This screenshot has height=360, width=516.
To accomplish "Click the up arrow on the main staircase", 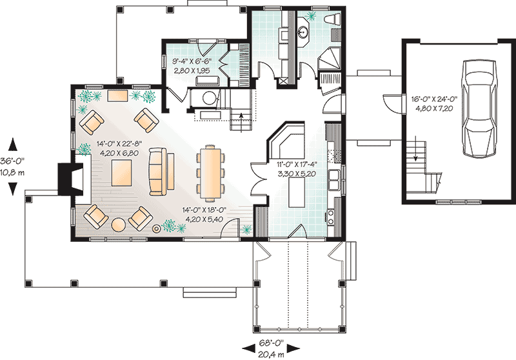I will point(241,116).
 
